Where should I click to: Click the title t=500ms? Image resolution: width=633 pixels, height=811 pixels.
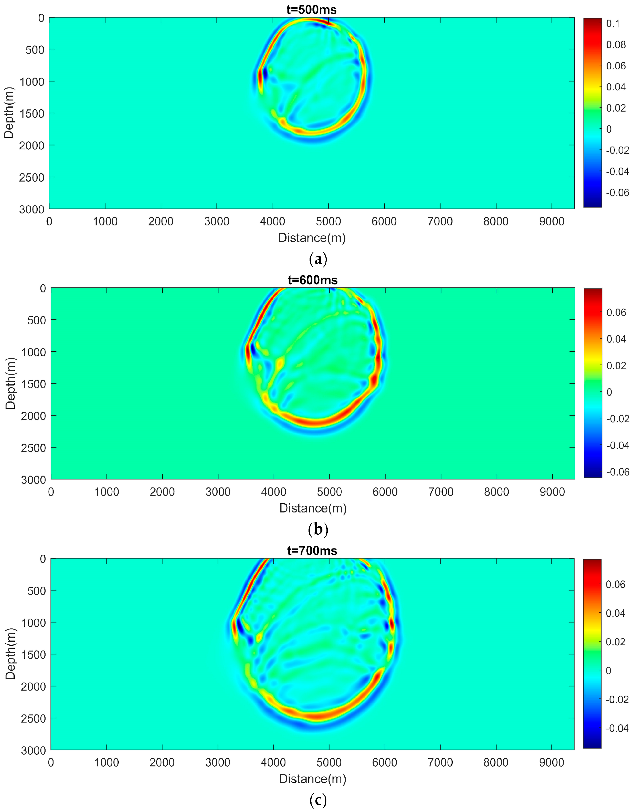point(312,10)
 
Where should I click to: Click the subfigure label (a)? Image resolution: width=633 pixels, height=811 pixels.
point(318,259)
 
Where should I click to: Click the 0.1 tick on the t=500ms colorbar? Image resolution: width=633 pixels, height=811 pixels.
point(613,23)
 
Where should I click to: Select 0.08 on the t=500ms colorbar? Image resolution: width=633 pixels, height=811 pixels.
point(616,44)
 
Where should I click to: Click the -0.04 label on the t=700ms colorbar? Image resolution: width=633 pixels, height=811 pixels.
point(617,728)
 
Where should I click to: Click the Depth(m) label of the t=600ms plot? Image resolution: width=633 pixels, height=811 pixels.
point(10,383)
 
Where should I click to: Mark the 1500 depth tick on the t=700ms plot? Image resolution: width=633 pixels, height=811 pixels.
point(32,654)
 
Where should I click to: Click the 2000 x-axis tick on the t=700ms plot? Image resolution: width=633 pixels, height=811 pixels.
point(162,762)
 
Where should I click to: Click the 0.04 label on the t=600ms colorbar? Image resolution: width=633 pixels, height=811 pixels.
point(616,339)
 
